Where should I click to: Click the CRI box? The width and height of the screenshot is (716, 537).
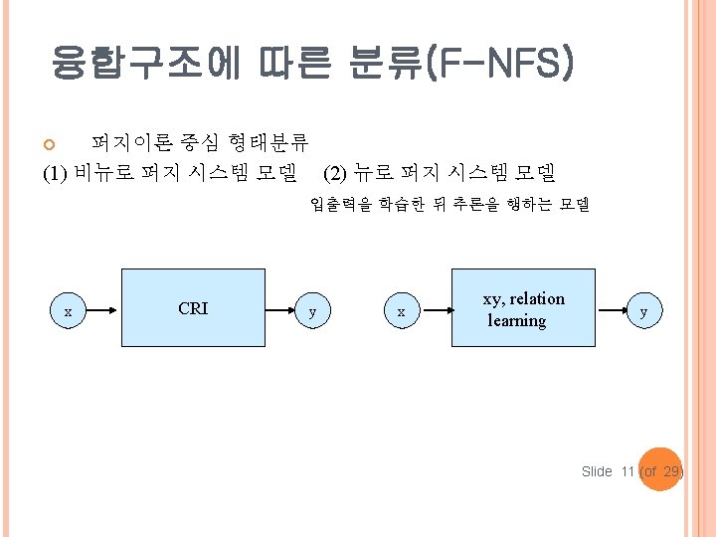pyautogui.click(x=193, y=308)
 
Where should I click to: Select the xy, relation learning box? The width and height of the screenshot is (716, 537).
pyautogui.click(x=523, y=308)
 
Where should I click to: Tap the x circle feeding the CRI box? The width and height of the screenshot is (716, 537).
pyautogui.click(x=68, y=312)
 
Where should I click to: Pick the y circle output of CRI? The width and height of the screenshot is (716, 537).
pyautogui.click(x=313, y=312)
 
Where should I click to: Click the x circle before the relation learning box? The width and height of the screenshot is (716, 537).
pyautogui.click(x=401, y=312)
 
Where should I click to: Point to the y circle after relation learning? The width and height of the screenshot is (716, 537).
pyautogui.click(x=643, y=312)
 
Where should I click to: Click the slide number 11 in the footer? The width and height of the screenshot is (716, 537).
pyautogui.click(x=626, y=471)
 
